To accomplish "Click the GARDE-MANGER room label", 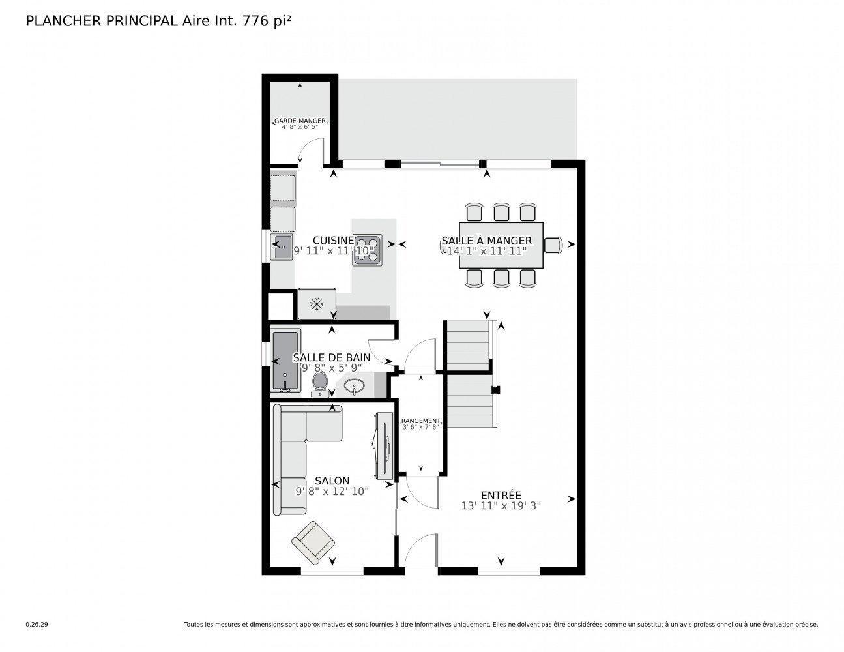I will [300, 121].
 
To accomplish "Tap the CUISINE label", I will [332, 240].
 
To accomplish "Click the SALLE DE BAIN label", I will [331, 357].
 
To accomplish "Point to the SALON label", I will [332, 481].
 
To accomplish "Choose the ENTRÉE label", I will [501, 496].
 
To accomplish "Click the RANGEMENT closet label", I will [420, 421].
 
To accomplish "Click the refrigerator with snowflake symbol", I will [317, 304].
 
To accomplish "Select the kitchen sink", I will [282, 247].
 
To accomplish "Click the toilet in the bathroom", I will [319, 383].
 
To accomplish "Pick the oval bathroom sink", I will [355, 386].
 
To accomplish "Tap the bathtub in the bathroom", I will [285, 361].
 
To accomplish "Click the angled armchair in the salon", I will [313, 541].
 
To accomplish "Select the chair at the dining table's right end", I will [553, 244].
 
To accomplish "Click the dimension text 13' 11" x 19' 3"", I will [501, 505].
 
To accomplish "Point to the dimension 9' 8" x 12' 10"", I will [332, 492].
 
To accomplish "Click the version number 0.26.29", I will [36, 624].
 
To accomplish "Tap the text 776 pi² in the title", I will [266, 22].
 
